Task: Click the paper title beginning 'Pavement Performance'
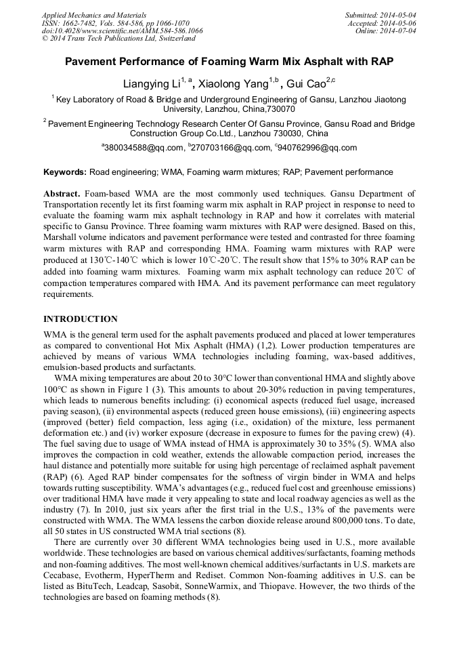[229, 62]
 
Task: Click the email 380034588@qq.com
[144, 148]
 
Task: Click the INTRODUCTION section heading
[81, 319]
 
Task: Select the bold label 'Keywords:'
[64, 172]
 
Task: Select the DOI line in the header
[122, 31]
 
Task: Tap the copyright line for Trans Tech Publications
[118, 39]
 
